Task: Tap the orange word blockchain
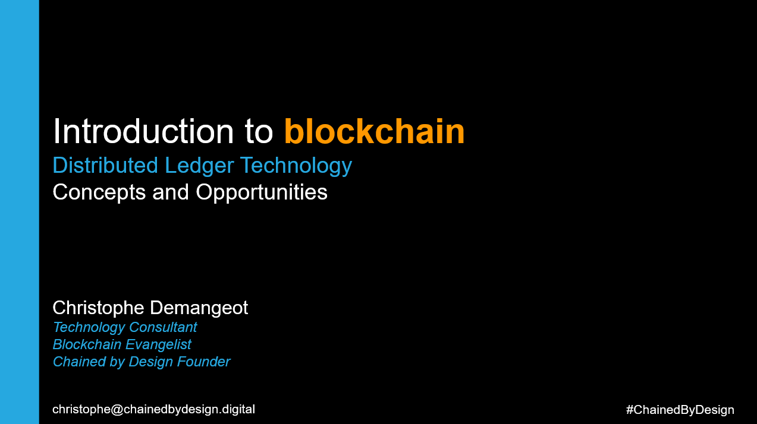pos(374,131)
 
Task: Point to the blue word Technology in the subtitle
pos(296,166)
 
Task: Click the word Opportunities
pos(262,192)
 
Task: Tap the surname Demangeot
pos(199,308)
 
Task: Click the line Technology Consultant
pos(124,327)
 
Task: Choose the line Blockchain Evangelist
pos(122,344)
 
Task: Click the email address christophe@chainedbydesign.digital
pos(153,409)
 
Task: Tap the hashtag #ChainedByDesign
pos(680,410)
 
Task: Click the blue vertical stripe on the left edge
pos(19,212)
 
